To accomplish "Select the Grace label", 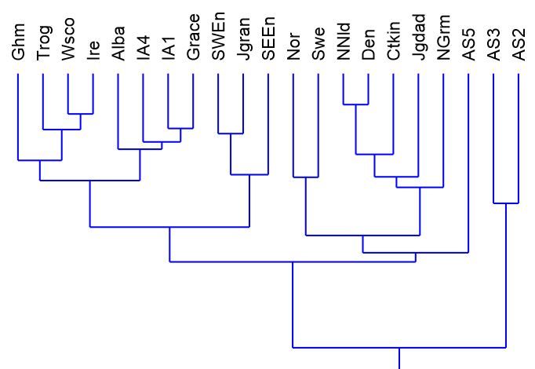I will pos(193,40).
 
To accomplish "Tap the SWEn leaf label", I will pos(218,40).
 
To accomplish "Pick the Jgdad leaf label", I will pos(418,40).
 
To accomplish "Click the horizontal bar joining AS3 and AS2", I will pos(505,203).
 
